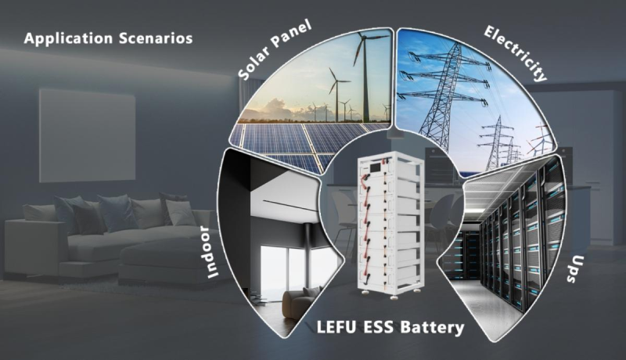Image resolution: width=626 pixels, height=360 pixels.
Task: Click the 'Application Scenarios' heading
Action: [108, 38]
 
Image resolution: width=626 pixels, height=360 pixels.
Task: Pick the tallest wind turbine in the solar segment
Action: [361, 74]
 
